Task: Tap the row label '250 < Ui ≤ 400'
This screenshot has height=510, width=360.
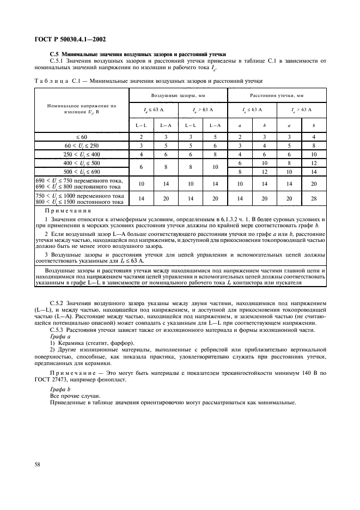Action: click(x=82, y=154)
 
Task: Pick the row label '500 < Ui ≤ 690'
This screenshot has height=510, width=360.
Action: click(x=82, y=172)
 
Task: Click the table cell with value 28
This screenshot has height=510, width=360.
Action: click(x=313, y=199)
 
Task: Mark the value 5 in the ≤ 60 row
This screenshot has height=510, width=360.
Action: click(x=215, y=137)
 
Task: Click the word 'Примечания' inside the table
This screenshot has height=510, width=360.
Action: click(x=68, y=210)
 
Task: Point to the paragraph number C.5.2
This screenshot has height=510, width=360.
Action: click(x=57, y=302)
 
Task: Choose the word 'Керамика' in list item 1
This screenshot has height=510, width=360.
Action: click(x=73, y=343)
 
